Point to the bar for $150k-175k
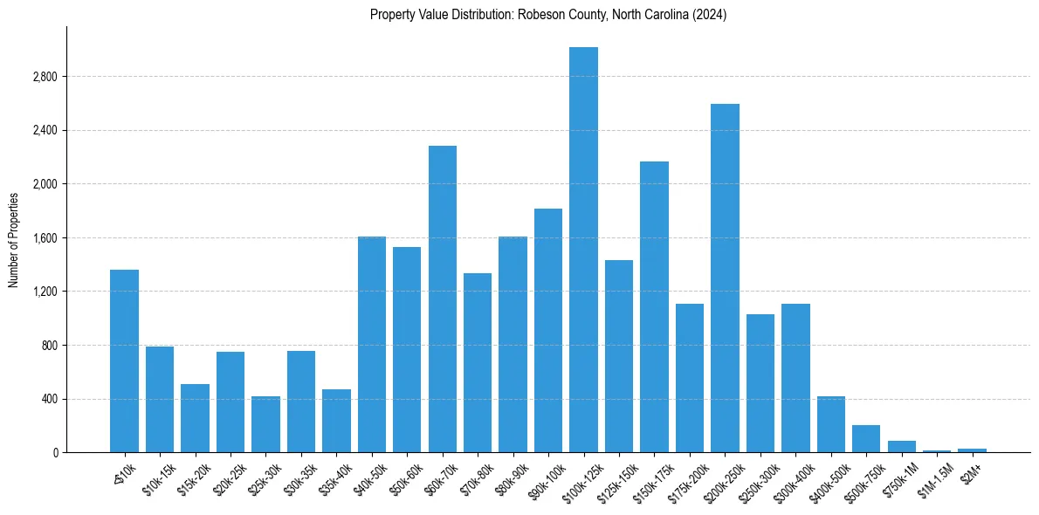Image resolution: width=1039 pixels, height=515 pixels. tap(654, 306)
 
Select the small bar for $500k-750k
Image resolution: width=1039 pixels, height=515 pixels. tap(866, 439)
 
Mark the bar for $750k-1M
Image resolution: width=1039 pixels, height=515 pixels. tap(901, 446)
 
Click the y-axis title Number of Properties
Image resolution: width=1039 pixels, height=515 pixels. tap(14, 239)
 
